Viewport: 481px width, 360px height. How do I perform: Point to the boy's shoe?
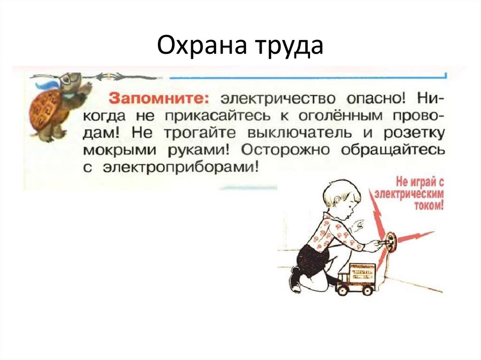pyautogui.click(x=295, y=280)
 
